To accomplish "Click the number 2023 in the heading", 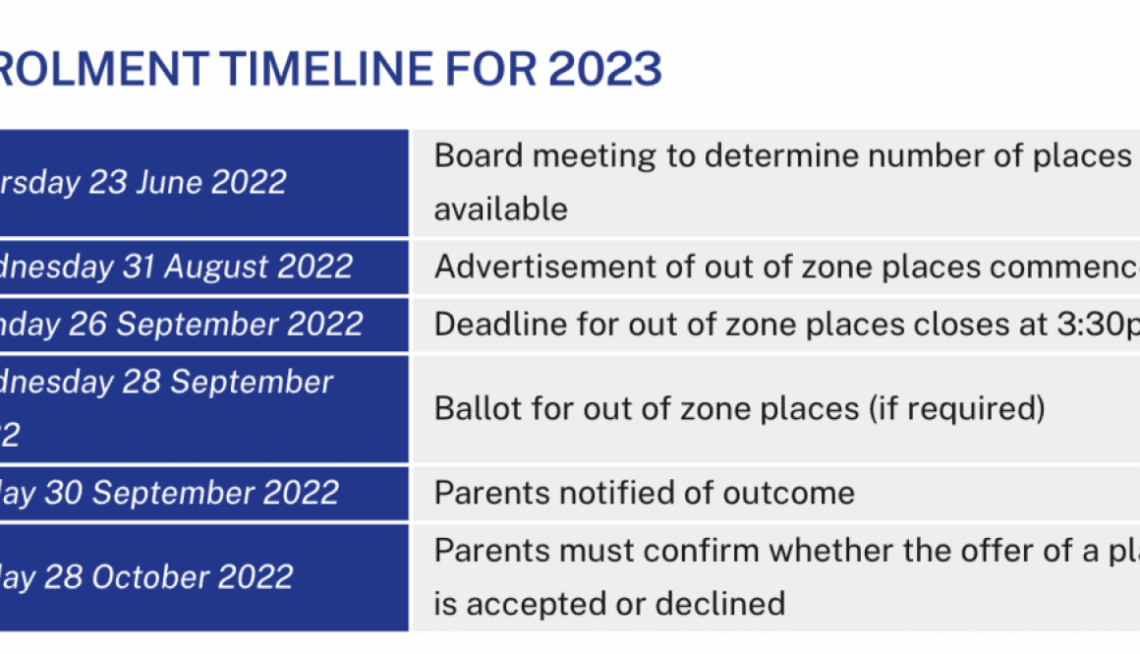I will pyautogui.click(x=605, y=69).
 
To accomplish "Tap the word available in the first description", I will pyautogui.click(x=501, y=208).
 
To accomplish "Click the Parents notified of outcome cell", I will pyautogui.click(x=645, y=492).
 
